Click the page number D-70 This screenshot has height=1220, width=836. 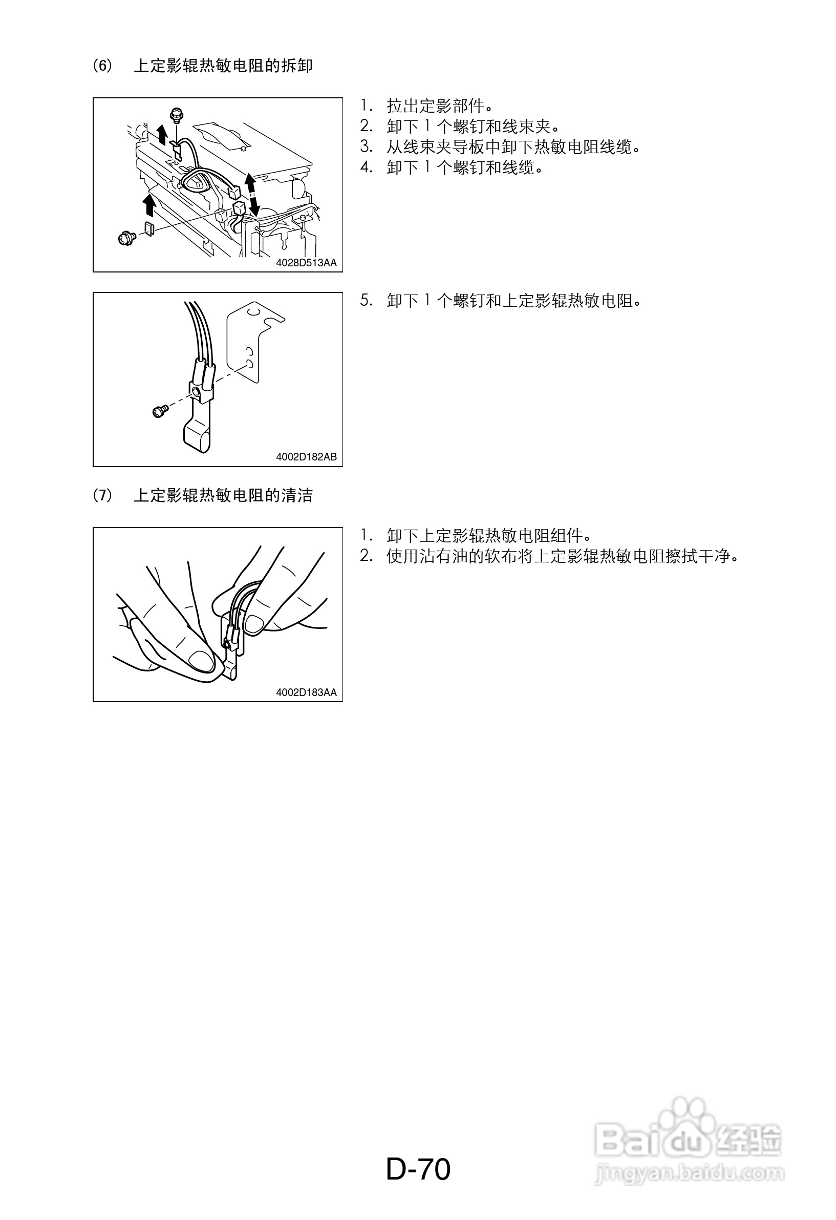tap(418, 1169)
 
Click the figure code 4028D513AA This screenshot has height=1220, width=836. tap(307, 262)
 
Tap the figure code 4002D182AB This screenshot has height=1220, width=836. tap(307, 457)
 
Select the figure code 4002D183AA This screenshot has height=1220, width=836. tap(307, 692)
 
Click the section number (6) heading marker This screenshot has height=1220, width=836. tap(102, 66)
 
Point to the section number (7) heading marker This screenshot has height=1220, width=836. tap(102, 495)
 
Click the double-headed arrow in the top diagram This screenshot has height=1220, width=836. tap(252, 194)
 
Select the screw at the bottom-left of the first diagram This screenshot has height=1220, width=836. tap(126, 238)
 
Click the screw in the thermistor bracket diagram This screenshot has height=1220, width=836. tap(160, 411)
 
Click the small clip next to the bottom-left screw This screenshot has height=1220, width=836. tap(149, 229)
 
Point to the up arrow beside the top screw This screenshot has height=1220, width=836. tap(163, 135)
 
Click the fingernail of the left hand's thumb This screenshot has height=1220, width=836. tap(201, 660)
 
